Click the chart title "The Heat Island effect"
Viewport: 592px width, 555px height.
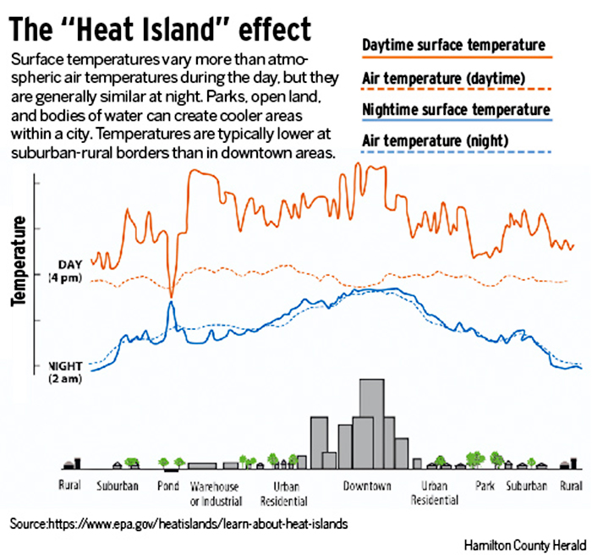coord(160,29)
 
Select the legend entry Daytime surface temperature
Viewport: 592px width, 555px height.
coord(452,44)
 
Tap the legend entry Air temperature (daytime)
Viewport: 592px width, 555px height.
coord(444,79)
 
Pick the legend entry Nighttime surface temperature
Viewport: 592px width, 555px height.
coord(455,110)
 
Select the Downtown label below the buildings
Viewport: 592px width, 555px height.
coord(367,486)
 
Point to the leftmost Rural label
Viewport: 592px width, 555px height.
coord(69,486)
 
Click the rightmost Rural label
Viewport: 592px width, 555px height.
coord(571,486)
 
